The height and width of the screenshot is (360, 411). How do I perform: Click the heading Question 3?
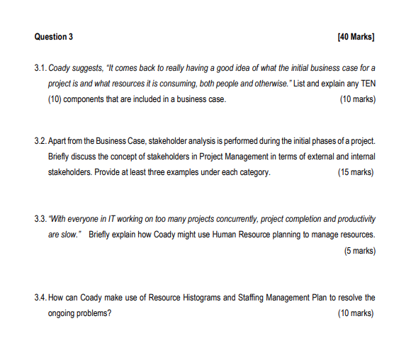tap(53, 36)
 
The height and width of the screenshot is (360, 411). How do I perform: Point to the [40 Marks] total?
tap(357, 36)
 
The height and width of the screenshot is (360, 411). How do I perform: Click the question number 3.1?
tap(40, 67)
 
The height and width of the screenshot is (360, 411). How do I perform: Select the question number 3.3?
tap(40, 219)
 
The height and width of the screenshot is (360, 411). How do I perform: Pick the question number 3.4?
tap(40, 298)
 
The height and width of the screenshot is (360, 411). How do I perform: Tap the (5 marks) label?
tap(359, 250)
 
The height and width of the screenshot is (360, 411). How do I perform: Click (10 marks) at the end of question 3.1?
tap(358, 99)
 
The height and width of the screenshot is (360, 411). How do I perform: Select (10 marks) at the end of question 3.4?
tap(358, 313)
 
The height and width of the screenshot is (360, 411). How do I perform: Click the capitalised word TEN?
tap(367, 83)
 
